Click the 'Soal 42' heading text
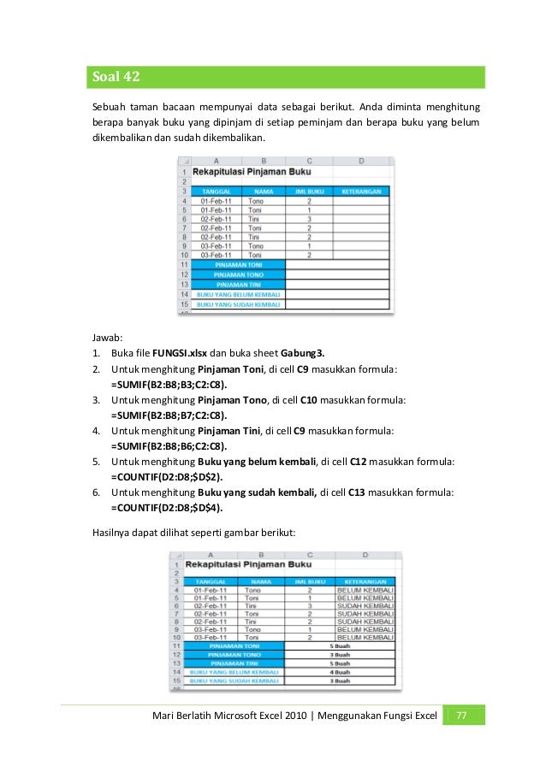(x=116, y=78)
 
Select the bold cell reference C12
(x=360, y=462)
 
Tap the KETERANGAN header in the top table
(x=361, y=192)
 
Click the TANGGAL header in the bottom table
(x=210, y=580)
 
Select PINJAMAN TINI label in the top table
(x=238, y=284)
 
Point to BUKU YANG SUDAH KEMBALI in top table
(x=238, y=303)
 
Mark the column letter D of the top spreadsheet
(x=361, y=161)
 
